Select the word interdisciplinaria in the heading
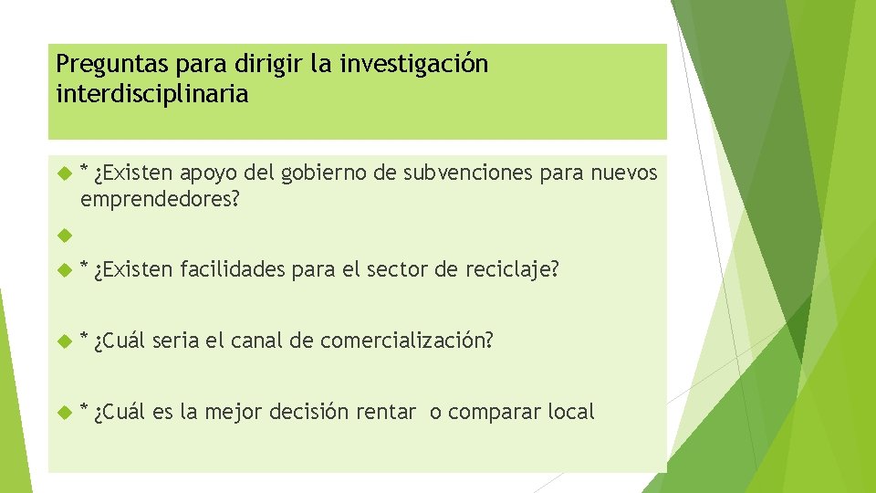click(x=151, y=94)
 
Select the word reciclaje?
click(x=513, y=269)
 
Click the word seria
click(x=177, y=341)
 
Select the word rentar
click(x=386, y=412)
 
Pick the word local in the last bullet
click(x=571, y=412)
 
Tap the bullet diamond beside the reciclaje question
click(x=64, y=270)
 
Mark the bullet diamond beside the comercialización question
click(x=64, y=341)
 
